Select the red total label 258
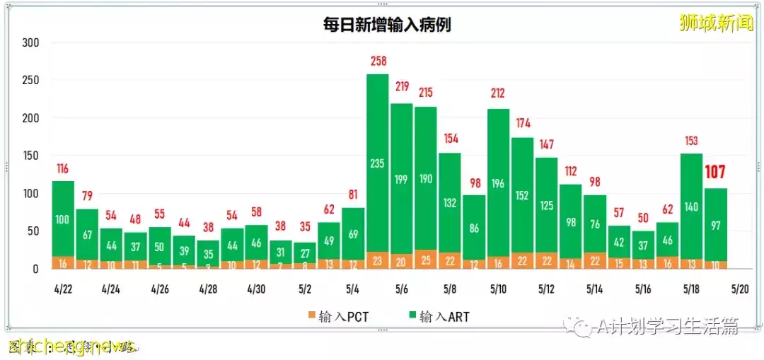point(378,62)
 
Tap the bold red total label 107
point(716,173)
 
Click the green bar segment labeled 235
point(378,163)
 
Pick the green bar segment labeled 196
point(499,183)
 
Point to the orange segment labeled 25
point(426,259)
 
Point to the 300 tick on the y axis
point(30,43)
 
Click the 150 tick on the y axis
point(30,156)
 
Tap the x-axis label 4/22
point(63,289)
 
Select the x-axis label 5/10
point(498,289)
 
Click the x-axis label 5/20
point(739,289)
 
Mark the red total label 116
point(63,169)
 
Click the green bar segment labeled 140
point(692,207)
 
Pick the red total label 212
point(499,93)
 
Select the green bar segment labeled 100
point(63,219)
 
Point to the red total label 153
point(691,141)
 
